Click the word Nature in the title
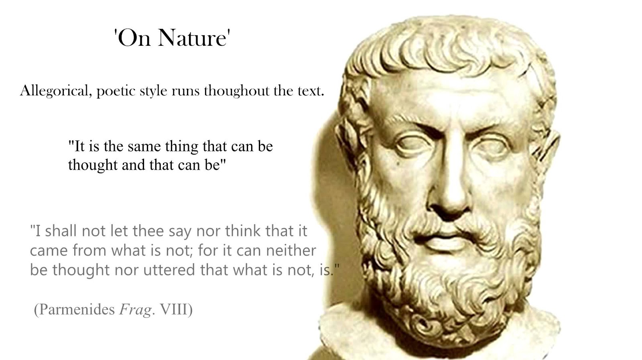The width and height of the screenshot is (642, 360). point(192,38)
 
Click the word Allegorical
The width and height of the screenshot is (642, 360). point(56,92)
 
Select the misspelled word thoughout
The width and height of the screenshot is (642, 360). point(237,91)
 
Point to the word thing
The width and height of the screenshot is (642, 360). point(182,147)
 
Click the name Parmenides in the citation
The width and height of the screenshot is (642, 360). point(77,309)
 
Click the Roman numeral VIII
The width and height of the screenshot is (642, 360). point(173,309)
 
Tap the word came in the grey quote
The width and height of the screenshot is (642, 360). point(49,250)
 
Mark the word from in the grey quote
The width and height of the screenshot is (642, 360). point(89,250)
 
